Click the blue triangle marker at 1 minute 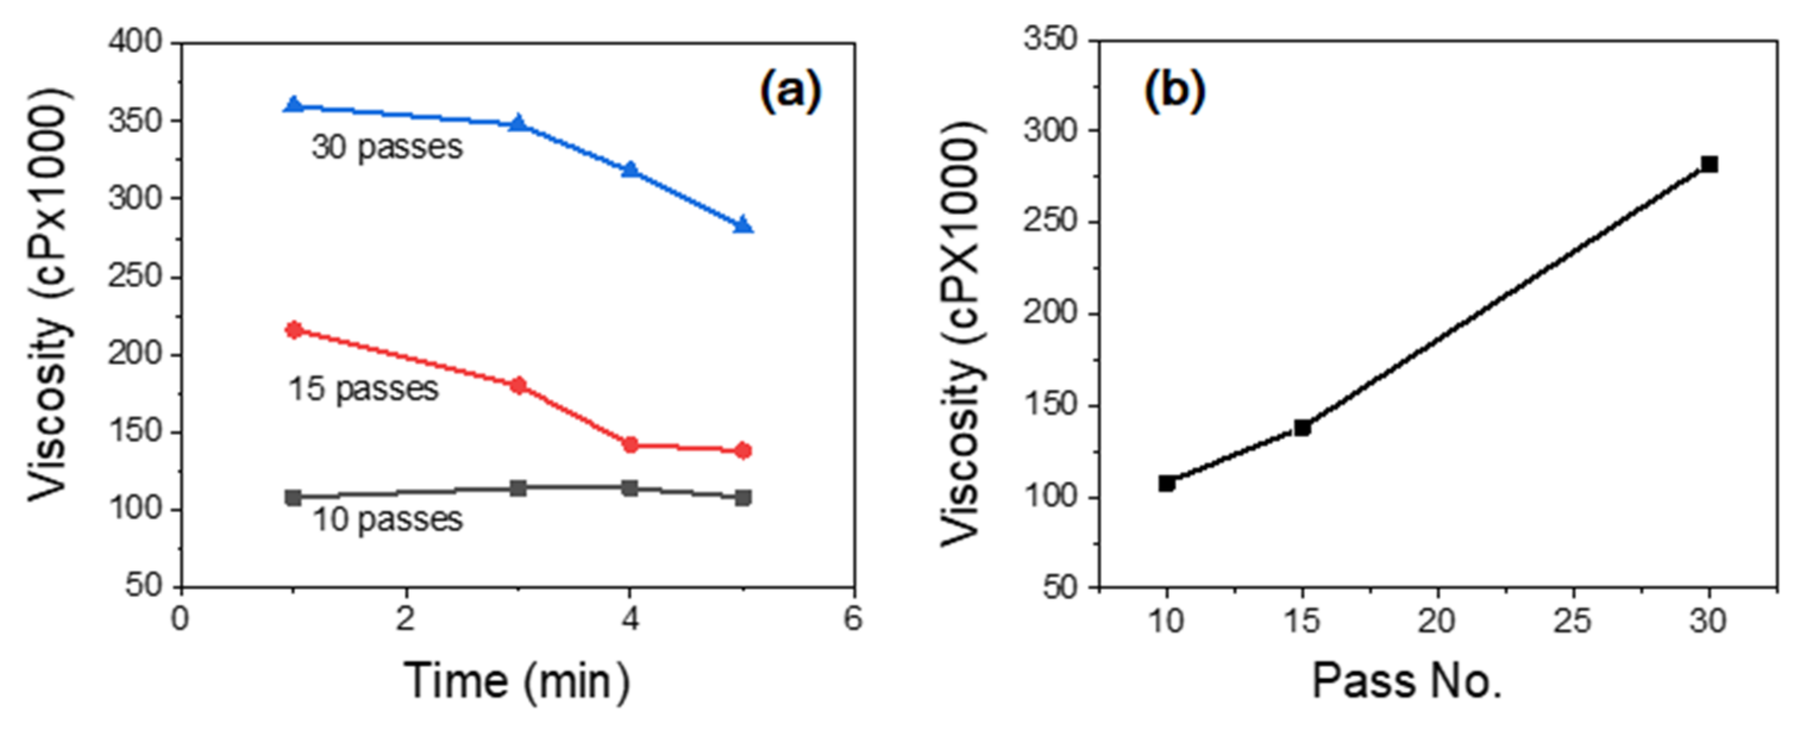click(x=294, y=105)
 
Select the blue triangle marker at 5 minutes click(x=743, y=226)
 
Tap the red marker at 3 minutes click(x=518, y=384)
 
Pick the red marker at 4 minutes click(x=630, y=445)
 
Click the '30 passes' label click(x=387, y=147)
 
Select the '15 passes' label click(x=363, y=389)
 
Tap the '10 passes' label click(x=387, y=520)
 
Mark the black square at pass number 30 click(x=1709, y=164)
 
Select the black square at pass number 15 click(x=1302, y=427)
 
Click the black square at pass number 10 click(x=1167, y=483)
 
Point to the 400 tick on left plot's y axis click(x=135, y=42)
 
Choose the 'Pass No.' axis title click(x=1407, y=681)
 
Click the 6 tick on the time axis click(x=853, y=620)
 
